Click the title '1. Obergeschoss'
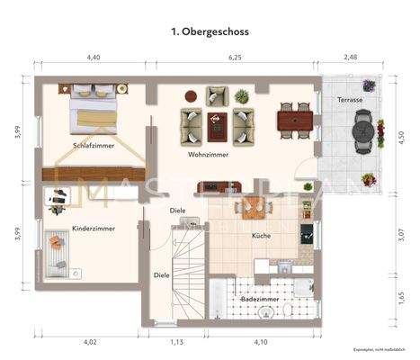(210, 31)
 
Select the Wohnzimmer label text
(207, 154)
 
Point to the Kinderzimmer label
(92, 229)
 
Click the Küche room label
(262, 235)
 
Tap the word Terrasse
(351, 99)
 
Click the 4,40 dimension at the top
(93, 58)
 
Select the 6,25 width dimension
(236, 58)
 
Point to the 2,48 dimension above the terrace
(351, 58)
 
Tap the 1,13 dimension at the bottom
(176, 342)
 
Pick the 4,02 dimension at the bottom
(90, 342)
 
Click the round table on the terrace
(363, 131)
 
